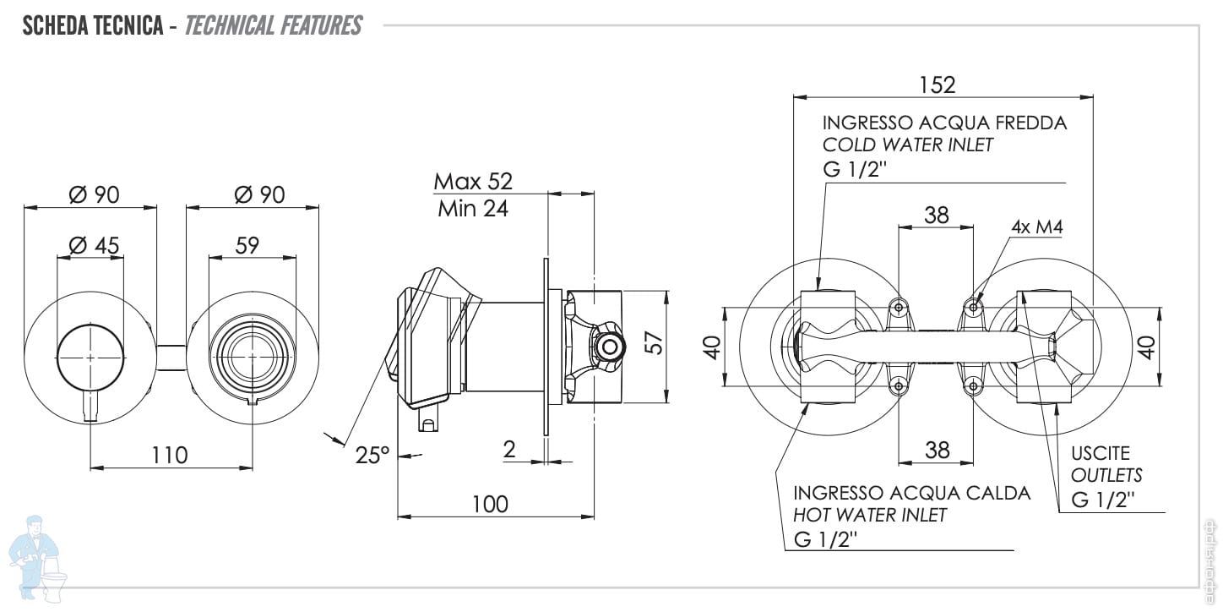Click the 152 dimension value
pyautogui.click(x=938, y=85)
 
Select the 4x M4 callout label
pyautogui.click(x=1036, y=227)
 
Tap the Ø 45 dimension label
pyautogui.click(x=94, y=245)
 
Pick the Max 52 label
pyautogui.click(x=473, y=181)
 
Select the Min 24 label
pyautogui.click(x=473, y=209)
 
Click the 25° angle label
pyautogui.click(x=372, y=455)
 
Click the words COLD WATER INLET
pyautogui.click(x=908, y=145)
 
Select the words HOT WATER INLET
pyautogui.click(x=870, y=514)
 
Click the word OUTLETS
pyautogui.click(x=1106, y=475)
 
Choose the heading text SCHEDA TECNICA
pyautogui.click(x=93, y=25)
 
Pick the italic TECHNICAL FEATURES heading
pyautogui.click(x=273, y=25)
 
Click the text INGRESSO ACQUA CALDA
pyautogui.click(x=912, y=492)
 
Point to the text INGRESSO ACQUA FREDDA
pyautogui.click(x=944, y=123)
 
